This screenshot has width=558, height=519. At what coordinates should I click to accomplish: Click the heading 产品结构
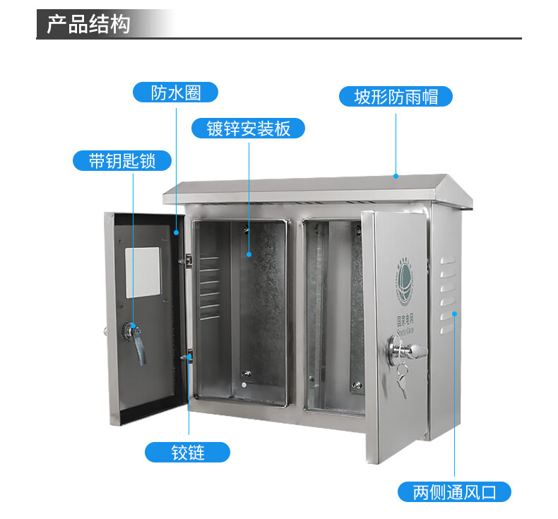pos(88,24)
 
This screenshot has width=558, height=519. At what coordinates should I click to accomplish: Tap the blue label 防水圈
pos(176,93)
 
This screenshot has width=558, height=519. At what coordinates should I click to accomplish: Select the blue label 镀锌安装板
pos(249,129)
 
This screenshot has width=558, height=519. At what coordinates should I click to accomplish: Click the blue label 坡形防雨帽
pos(396,96)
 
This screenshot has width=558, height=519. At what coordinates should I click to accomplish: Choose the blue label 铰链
pos(188,452)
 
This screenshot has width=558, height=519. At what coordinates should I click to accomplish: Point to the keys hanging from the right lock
pos(402,378)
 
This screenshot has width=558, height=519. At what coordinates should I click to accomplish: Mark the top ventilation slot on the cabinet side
pos(446,261)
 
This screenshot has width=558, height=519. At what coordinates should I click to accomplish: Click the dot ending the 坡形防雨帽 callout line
pos(396,176)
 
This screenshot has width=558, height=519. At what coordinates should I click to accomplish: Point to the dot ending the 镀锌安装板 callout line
pos(249,253)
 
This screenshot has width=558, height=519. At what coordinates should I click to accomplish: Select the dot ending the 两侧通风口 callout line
pos(455,312)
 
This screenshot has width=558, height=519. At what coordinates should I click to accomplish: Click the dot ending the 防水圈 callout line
pos(177,231)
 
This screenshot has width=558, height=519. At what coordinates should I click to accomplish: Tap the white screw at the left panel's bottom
pos(243,386)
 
